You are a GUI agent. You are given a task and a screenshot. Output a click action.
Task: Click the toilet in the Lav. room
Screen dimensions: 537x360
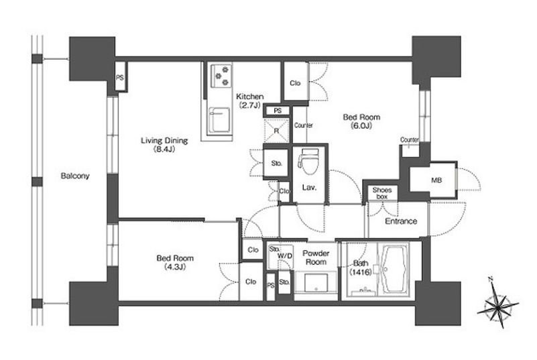308,160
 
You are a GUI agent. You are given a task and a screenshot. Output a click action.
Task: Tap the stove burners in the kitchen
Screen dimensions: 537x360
221,75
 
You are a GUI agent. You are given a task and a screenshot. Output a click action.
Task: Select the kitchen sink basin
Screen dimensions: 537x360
219,120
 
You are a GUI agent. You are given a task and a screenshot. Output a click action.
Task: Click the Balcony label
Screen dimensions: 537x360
75,176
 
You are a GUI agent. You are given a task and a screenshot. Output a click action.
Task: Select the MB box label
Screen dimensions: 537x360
436,180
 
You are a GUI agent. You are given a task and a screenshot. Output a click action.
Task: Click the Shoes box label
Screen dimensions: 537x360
382,193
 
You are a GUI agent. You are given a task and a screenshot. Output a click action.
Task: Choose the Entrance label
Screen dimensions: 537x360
401,221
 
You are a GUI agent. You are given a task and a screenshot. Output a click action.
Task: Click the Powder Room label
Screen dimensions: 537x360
316,257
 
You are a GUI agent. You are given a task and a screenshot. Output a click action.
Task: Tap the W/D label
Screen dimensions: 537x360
285,256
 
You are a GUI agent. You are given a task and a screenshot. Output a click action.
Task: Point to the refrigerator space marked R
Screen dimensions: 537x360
276,131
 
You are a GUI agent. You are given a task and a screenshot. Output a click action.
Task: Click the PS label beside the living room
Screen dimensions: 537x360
119,78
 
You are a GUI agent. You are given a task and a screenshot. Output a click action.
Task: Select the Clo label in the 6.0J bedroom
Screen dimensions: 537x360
295,83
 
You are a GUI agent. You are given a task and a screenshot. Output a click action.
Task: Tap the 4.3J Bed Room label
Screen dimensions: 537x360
175,262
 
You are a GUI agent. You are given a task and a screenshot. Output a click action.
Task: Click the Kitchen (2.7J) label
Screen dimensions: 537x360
250,101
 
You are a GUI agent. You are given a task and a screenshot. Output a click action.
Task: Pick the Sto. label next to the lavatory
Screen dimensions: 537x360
276,164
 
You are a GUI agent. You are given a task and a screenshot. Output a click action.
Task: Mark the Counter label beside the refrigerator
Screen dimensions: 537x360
304,125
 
